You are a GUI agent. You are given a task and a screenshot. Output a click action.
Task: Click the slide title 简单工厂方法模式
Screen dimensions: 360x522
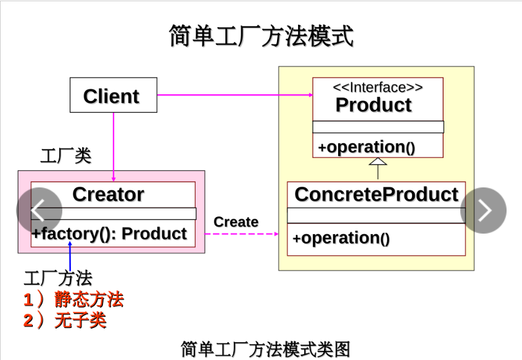[261, 36]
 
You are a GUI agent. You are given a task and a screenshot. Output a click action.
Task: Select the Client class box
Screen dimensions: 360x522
[113, 96]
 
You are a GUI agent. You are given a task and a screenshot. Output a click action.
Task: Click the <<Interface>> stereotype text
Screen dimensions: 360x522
[378, 88]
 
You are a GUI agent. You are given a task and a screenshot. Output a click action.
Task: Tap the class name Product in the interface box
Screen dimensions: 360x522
[373, 105]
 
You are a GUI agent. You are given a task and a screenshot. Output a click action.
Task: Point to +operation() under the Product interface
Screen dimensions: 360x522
[367, 147]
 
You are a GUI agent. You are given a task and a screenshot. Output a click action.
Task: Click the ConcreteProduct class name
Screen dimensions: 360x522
[376, 195]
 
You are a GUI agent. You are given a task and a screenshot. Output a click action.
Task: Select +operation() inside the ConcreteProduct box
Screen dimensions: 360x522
[341, 239]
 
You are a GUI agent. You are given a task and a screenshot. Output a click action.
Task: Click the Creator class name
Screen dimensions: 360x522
[108, 195]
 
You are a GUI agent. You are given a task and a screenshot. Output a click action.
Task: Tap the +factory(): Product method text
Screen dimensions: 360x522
[109, 234]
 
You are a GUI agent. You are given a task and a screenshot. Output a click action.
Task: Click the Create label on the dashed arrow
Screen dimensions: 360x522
[236, 222]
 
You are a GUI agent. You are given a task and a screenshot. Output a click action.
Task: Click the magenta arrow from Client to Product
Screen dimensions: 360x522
[234, 96]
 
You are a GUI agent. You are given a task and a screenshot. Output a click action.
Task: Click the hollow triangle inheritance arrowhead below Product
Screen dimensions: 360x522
[378, 162]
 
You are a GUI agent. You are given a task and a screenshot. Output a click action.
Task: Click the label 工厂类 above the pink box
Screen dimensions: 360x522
[65, 156]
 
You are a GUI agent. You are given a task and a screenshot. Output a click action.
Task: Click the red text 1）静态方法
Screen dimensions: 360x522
[73, 300]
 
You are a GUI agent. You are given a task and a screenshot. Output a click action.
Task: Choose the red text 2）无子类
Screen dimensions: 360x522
[65, 320]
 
